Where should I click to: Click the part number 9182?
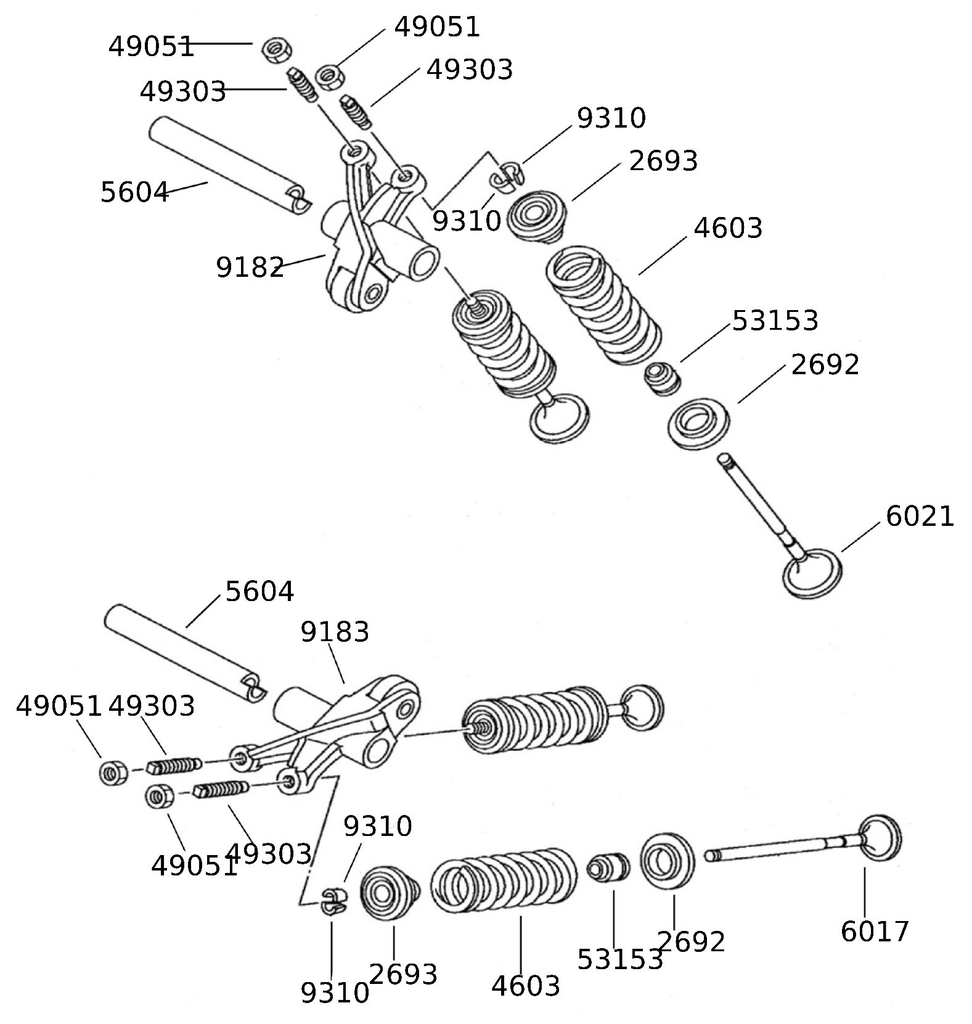(x=249, y=268)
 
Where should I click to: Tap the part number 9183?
(x=334, y=632)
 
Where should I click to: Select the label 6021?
(x=919, y=516)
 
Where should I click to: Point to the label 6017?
(x=874, y=931)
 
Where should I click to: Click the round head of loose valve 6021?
(x=811, y=574)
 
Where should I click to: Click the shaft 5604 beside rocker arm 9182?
(x=228, y=166)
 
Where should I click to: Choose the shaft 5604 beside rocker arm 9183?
(x=185, y=653)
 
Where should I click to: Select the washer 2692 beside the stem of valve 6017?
(x=667, y=861)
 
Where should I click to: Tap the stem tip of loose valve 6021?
(x=725, y=459)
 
